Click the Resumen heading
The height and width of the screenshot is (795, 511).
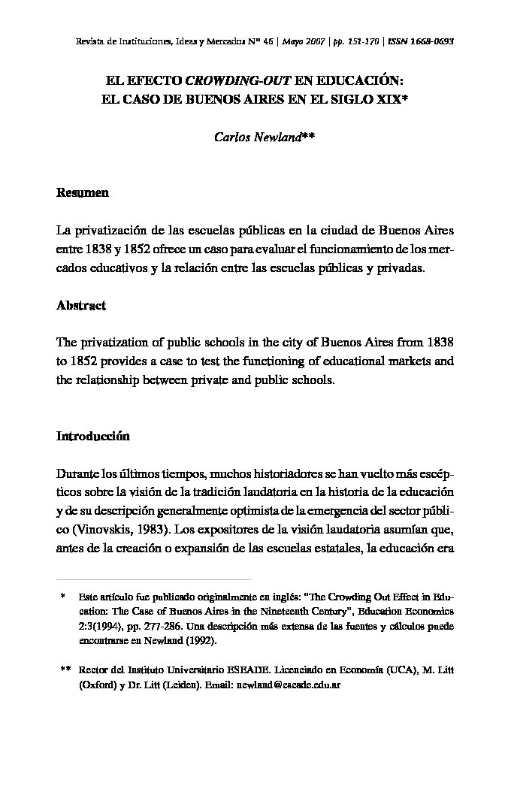click(x=83, y=193)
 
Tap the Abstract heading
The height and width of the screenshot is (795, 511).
click(x=81, y=306)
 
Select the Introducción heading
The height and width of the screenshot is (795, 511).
click(x=93, y=437)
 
